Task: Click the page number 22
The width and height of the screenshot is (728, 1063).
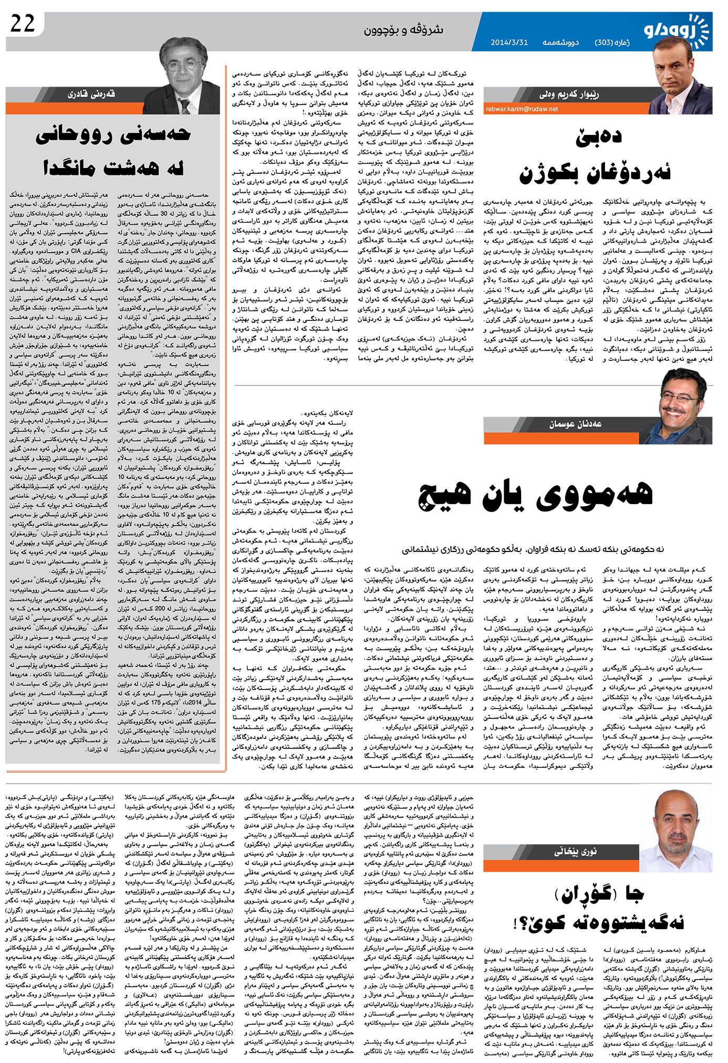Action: point(23,24)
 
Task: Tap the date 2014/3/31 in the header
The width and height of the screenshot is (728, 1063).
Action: point(509,43)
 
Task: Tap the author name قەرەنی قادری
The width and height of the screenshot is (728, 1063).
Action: point(91,95)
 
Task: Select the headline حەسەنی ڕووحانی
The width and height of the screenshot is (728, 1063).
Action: point(113,136)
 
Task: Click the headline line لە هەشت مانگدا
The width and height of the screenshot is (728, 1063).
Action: point(113,169)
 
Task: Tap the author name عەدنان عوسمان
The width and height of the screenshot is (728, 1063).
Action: point(576,424)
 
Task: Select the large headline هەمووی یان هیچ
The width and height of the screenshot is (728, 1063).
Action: point(535,494)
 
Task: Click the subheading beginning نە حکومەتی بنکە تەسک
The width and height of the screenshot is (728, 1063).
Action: point(533,549)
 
